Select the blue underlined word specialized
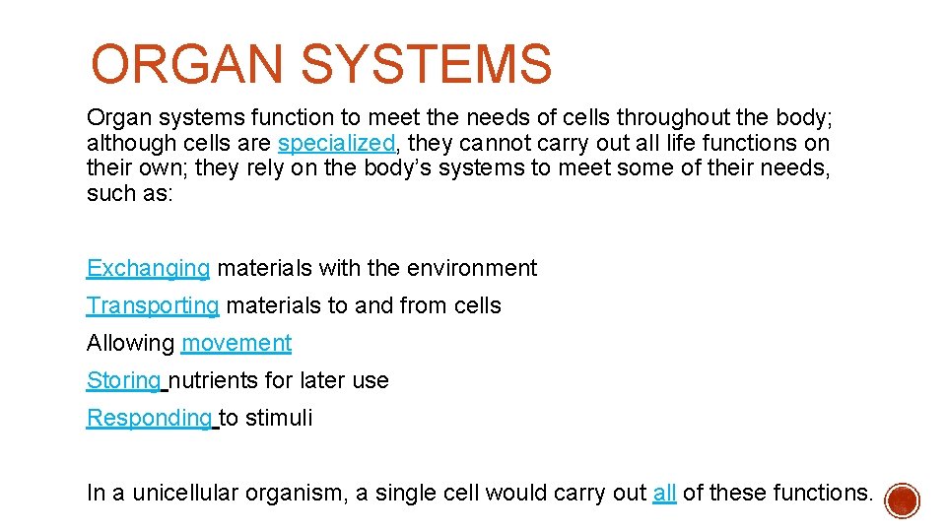click(x=336, y=144)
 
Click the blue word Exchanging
click(x=148, y=268)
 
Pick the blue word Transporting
click(x=153, y=305)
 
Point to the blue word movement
click(x=236, y=343)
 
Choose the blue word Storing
click(x=124, y=380)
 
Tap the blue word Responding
click(x=149, y=418)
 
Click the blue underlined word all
click(x=664, y=493)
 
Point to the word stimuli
click(x=279, y=418)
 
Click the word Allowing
click(x=130, y=343)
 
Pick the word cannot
click(x=487, y=144)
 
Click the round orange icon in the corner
click(x=902, y=500)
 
